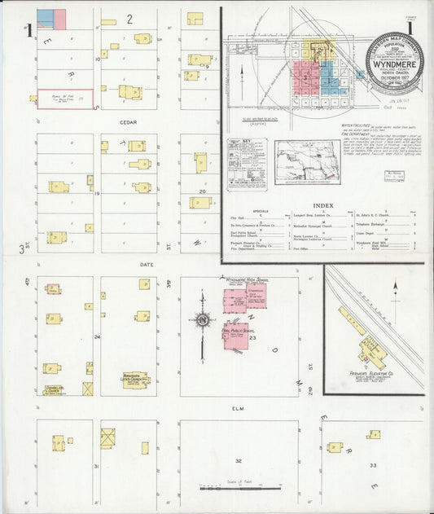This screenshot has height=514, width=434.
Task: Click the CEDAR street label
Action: (x=129, y=122)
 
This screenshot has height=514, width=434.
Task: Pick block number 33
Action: (x=373, y=465)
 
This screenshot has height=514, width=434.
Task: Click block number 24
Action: (x=97, y=336)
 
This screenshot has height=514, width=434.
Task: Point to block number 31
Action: (x=97, y=466)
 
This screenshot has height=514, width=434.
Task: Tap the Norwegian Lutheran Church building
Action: (x=135, y=380)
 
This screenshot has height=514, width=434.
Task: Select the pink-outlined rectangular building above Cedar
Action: (x=66, y=99)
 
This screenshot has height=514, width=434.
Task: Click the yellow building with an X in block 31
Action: (x=107, y=437)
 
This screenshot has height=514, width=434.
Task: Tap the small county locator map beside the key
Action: (x=307, y=160)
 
